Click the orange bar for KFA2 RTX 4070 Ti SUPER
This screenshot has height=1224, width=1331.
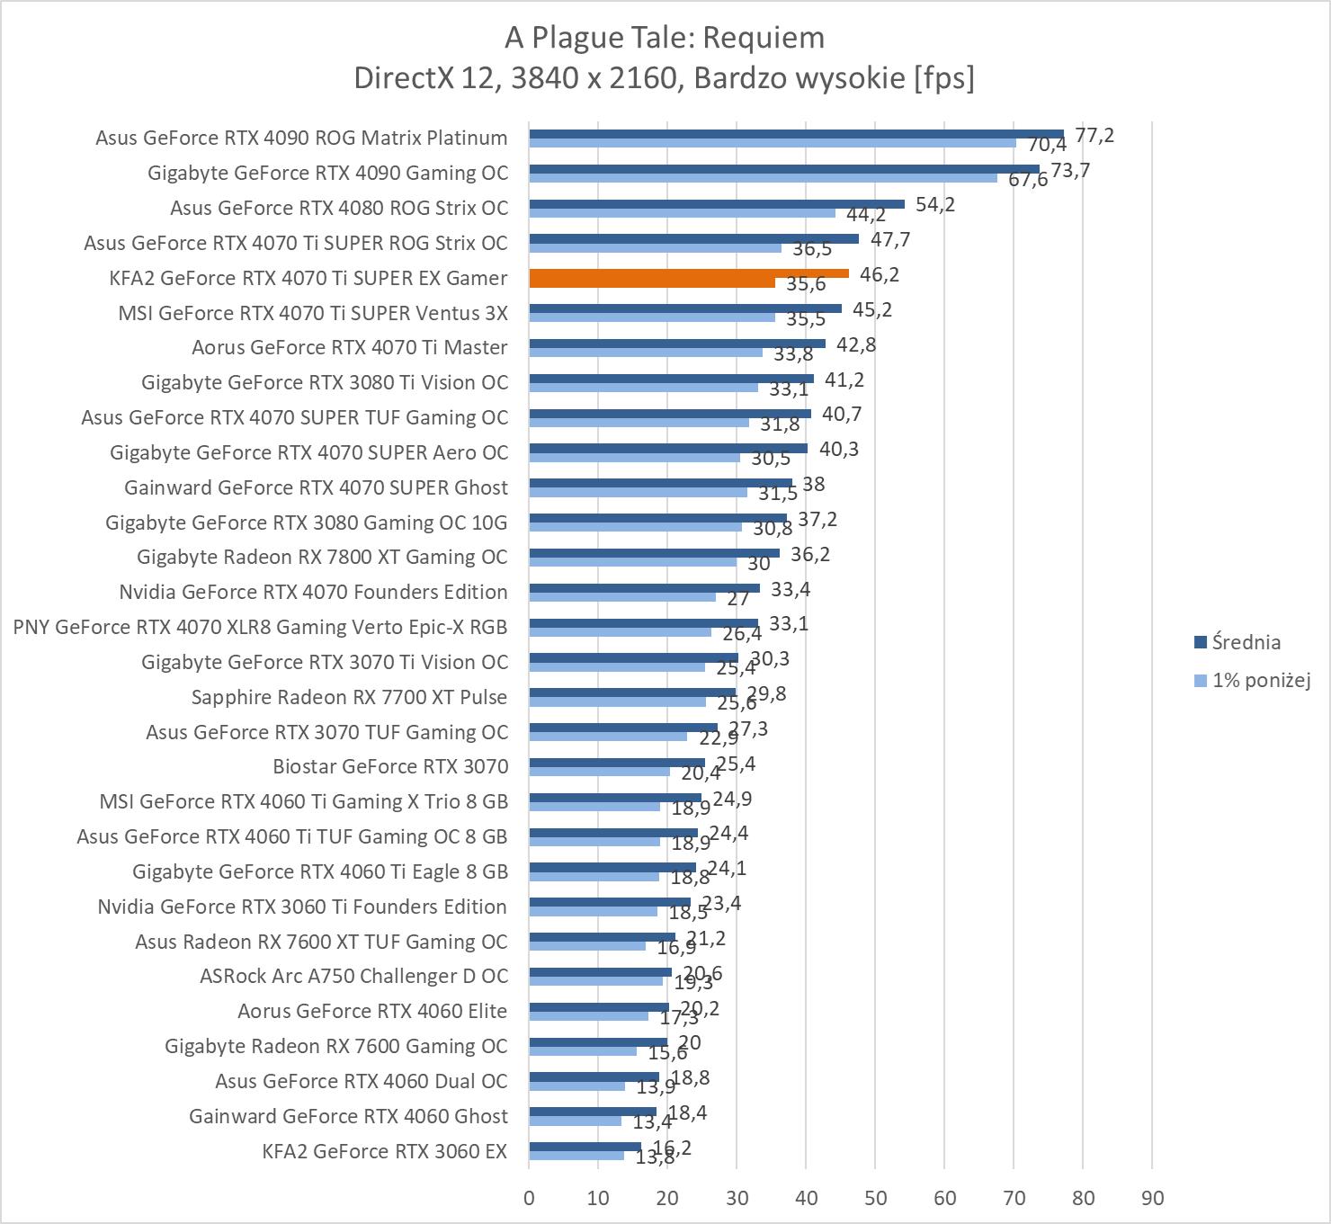[x=689, y=273]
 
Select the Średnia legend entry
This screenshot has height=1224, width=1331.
[x=1246, y=642]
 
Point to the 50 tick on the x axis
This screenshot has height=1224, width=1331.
[x=875, y=1198]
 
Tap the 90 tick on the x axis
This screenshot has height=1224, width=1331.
[x=1152, y=1198]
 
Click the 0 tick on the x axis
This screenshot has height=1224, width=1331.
[x=529, y=1198]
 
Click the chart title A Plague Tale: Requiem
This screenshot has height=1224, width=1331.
[x=665, y=38]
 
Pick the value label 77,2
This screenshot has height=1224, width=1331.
[x=1094, y=135]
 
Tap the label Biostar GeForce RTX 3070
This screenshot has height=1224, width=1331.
[x=390, y=766]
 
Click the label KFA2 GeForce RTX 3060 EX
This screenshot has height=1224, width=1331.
[x=385, y=1151]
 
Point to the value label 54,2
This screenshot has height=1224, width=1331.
[x=935, y=204]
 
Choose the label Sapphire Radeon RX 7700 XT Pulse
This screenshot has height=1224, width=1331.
[x=349, y=697]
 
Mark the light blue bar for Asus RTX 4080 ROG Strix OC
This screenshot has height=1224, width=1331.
[x=682, y=213]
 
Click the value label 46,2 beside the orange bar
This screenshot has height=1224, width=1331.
[x=880, y=274]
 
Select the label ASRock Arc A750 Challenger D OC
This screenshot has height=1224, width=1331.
[x=353, y=976]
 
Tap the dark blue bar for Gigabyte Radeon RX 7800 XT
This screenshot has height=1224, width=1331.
[x=654, y=553]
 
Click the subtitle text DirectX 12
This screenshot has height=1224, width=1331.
[x=424, y=78]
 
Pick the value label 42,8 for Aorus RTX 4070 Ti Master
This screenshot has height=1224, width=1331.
[x=856, y=344]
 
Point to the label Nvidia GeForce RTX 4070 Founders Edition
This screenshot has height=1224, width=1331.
[x=313, y=592]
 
